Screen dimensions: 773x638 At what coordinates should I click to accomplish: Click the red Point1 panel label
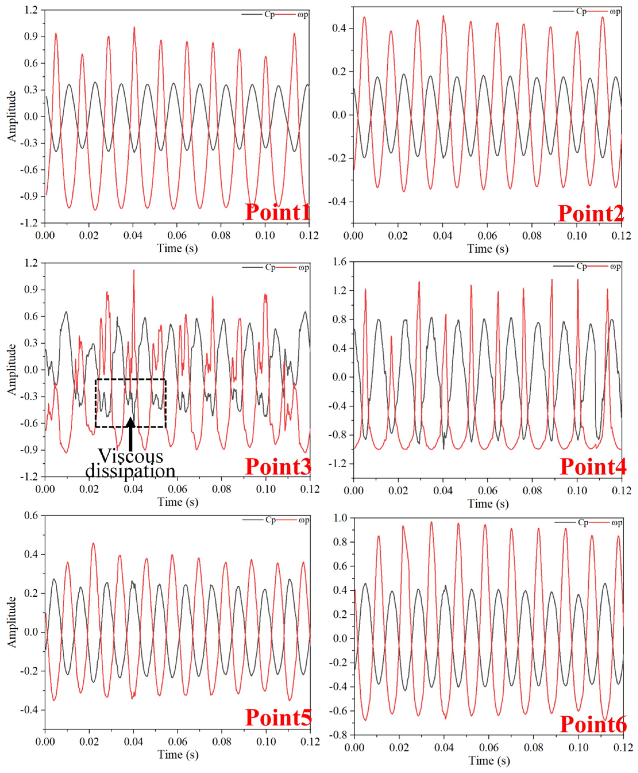pos(278,212)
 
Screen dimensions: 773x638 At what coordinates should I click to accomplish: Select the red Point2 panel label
pos(591,213)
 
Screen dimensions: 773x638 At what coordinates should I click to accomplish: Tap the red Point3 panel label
pos(278,467)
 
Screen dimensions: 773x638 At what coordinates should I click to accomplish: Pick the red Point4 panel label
pos(592,467)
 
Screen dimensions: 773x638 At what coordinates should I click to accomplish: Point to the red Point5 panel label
pos(278,718)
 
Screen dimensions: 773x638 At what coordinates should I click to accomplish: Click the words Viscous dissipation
pos(130,464)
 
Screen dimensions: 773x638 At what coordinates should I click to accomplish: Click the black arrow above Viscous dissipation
pos(130,434)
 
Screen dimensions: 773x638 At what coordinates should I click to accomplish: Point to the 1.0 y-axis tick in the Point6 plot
pos(340,518)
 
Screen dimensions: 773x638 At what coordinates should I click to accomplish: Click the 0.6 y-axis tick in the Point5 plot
pos(31,515)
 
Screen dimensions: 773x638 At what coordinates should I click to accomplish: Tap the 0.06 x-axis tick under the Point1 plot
pos(177,235)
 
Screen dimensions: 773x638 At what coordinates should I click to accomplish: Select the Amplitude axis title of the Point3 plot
pos(12,369)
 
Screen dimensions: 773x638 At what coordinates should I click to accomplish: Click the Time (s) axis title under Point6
pos(489,760)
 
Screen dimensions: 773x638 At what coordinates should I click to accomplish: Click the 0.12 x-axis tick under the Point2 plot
pos(621,236)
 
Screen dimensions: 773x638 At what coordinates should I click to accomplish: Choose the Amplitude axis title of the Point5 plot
pos(12,622)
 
